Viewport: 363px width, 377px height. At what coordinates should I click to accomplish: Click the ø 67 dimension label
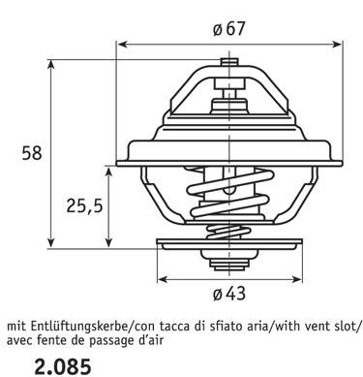pyautogui.click(x=229, y=29)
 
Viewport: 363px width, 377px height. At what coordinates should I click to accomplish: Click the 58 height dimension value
pyautogui.click(x=32, y=153)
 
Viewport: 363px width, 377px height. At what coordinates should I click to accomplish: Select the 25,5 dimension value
pyautogui.click(x=84, y=205)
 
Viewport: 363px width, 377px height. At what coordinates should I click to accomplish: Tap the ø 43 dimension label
pyautogui.click(x=229, y=294)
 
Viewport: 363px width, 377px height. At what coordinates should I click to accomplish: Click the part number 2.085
pyautogui.click(x=63, y=367)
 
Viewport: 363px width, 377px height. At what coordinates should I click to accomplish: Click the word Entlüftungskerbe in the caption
pyautogui.click(x=77, y=327)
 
